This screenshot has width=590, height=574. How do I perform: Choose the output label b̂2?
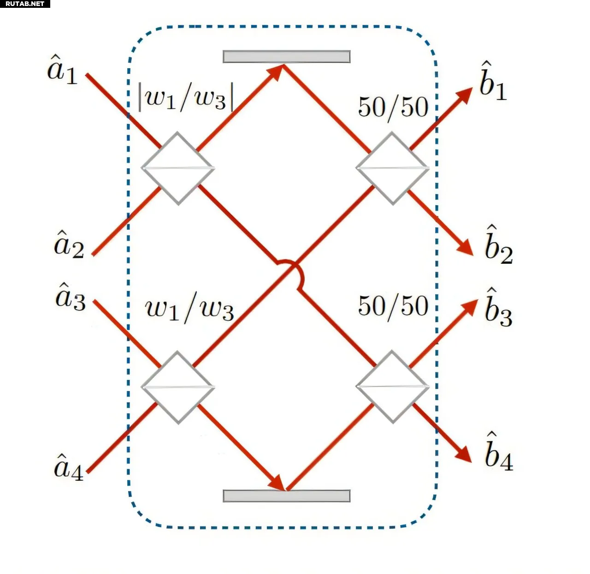pos(498,246)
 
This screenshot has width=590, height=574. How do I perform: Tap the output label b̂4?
pos(498,453)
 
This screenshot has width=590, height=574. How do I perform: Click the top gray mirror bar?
pos(286,56)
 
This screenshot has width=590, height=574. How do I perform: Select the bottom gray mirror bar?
pos(286,496)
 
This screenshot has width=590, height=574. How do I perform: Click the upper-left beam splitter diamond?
pos(177,168)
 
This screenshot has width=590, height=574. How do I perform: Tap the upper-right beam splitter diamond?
pos(392,168)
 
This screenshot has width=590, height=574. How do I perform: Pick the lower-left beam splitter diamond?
pos(177,387)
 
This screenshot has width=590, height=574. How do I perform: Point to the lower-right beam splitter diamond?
pos(392,387)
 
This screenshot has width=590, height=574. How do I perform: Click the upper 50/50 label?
pos(393,107)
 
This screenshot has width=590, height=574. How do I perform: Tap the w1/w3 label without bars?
pos(189,309)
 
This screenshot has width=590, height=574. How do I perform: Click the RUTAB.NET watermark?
pos(25,4)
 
